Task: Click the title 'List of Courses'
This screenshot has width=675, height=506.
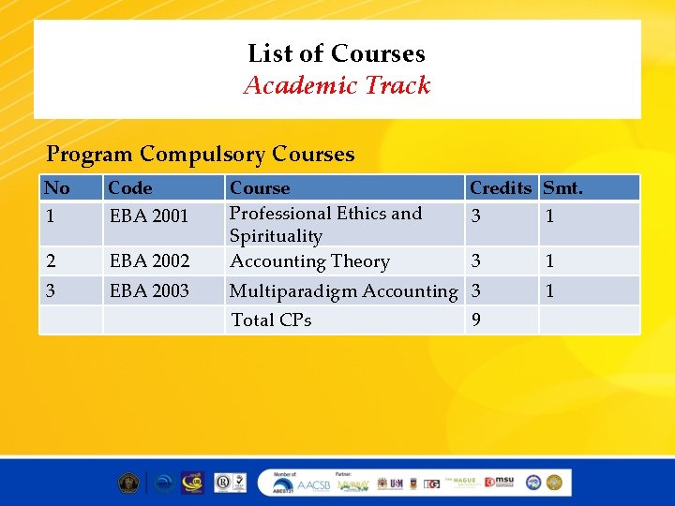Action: [337, 53]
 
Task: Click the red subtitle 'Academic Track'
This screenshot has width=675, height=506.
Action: [337, 85]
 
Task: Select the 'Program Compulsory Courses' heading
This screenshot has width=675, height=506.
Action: [201, 154]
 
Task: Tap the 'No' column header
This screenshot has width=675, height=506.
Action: [57, 187]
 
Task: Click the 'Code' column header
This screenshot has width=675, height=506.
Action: [130, 187]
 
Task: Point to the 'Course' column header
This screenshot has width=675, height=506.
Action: [260, 187]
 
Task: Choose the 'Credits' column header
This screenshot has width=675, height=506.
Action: [500, 187]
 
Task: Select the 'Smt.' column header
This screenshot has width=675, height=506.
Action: [563, 187]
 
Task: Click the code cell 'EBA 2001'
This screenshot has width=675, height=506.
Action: [149, 216]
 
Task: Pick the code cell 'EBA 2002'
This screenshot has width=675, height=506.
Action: [149, 260]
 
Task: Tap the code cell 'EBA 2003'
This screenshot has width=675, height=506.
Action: [149, 290]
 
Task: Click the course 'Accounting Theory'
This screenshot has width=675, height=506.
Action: [309, 261]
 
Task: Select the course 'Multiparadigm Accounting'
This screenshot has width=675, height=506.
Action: [343, 290]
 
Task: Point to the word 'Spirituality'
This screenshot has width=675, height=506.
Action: [276, 236]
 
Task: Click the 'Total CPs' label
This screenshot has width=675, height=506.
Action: [271, 320]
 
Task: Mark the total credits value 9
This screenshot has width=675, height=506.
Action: [476, 320]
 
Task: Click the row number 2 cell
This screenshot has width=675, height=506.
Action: [50, 260]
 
